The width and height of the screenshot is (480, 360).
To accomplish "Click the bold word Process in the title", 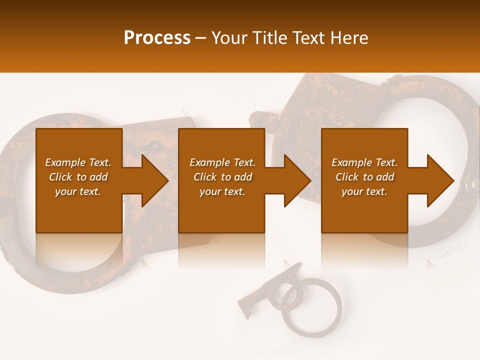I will point(157,38).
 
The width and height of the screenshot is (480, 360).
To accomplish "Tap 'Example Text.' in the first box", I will point(78,162).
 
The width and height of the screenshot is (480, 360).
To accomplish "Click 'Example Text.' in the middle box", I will point(222,162).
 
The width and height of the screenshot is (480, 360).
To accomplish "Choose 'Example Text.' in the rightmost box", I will point(364,162).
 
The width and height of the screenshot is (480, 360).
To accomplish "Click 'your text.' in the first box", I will point(78,191).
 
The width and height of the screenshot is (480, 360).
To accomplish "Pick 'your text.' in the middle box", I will point(222,191).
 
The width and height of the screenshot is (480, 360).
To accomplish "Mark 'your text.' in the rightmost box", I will point(364,191).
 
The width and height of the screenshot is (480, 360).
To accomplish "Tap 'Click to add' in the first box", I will point(78,177).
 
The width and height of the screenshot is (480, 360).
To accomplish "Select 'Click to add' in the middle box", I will point(222,177).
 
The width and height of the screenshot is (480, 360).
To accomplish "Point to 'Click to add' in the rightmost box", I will point(364,177).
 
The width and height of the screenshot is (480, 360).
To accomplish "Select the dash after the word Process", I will point(201,38).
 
